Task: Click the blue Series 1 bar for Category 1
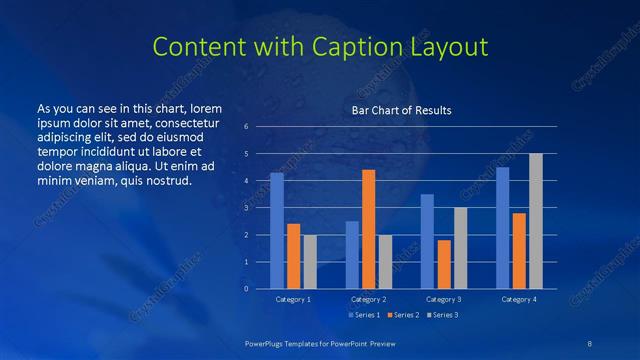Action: pyautogui.click(x=277, y=231)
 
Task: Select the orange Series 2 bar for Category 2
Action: pyautogui.click(x=368, y=229)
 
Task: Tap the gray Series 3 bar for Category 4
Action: pyautogui.click(x=536, y=221)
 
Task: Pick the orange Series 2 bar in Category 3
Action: pyautogui.click(x=444, y=264)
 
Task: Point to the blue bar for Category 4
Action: pyautogui.click(x=502, y=228)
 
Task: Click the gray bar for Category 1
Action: pyautogui.click(x=310, y=262)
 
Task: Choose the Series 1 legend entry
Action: pyautogui.click(x=365, y=315)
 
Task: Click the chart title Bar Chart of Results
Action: pyautogui.click(x=401, y=110)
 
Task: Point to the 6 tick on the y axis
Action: pyautogui.click(x=246, y=127)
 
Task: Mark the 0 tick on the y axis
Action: pyautogui.click(x=246, y=289)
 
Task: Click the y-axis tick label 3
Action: pyautogui.click(x=246, y=208)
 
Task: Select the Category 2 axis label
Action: pyautogui.click(x=369, y=299)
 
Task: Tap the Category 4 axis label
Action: pyautogui.click(x=519, y=299)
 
